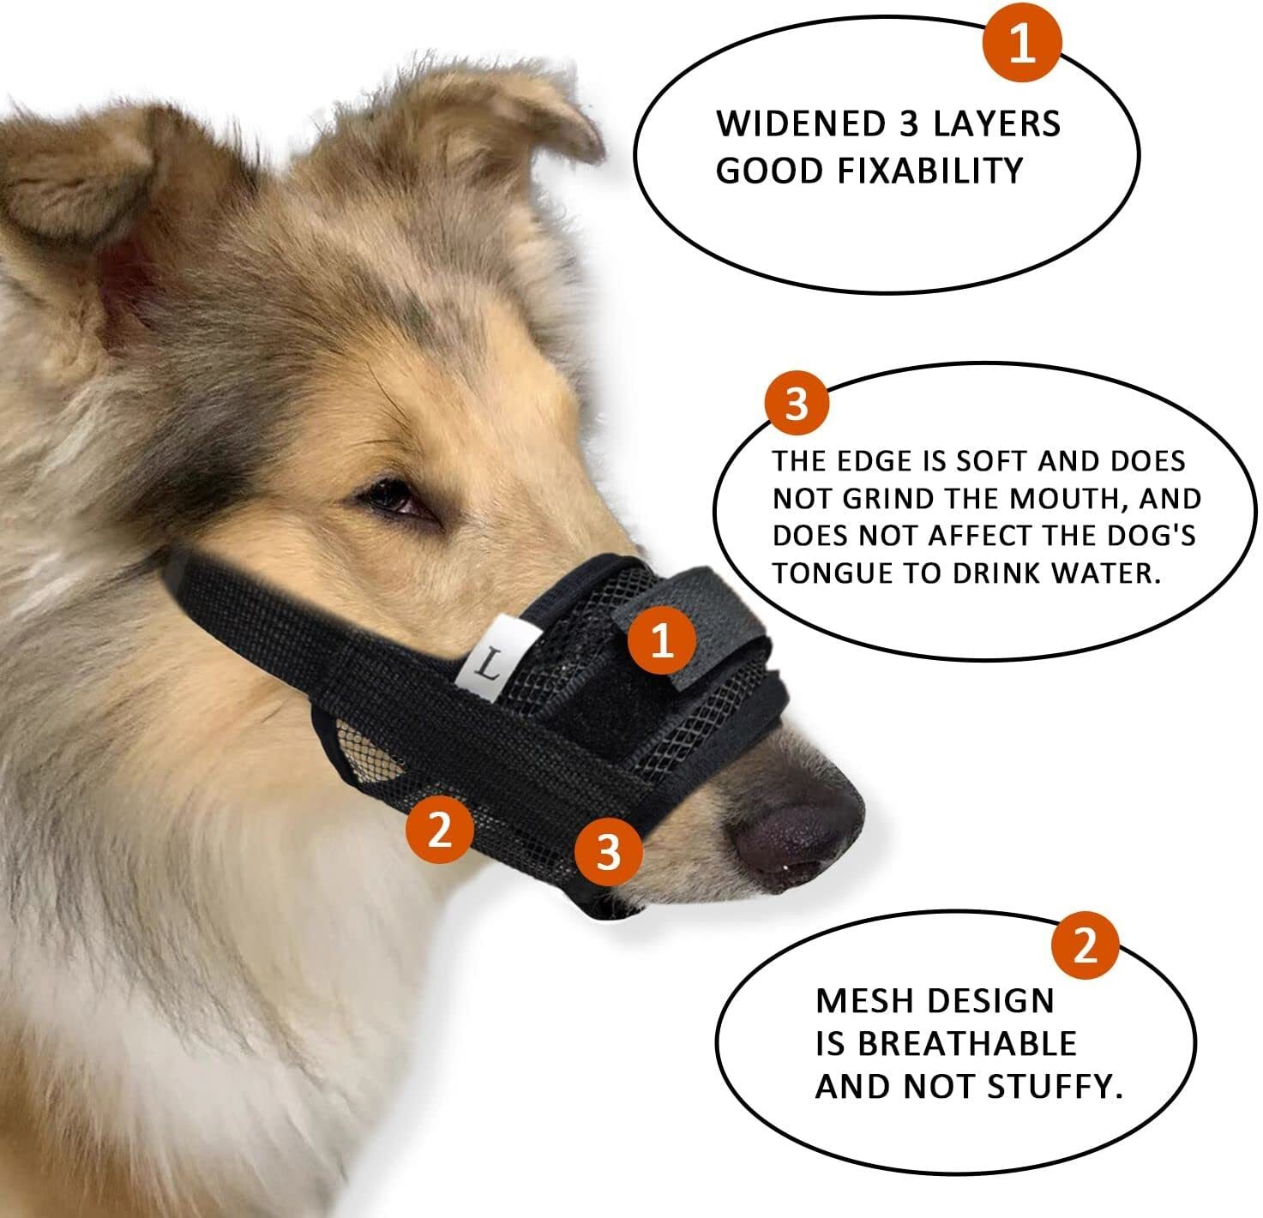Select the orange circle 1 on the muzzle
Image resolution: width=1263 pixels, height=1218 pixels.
(661, 641)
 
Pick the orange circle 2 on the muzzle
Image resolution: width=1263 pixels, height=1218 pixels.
(440, 829)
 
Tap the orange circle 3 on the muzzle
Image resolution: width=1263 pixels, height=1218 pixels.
(608, 852)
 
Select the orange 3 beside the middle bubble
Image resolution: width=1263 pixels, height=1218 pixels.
(797, 403)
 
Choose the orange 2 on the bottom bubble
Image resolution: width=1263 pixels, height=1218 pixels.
(1086, 947)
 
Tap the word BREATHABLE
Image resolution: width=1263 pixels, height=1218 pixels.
(966, 1043)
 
